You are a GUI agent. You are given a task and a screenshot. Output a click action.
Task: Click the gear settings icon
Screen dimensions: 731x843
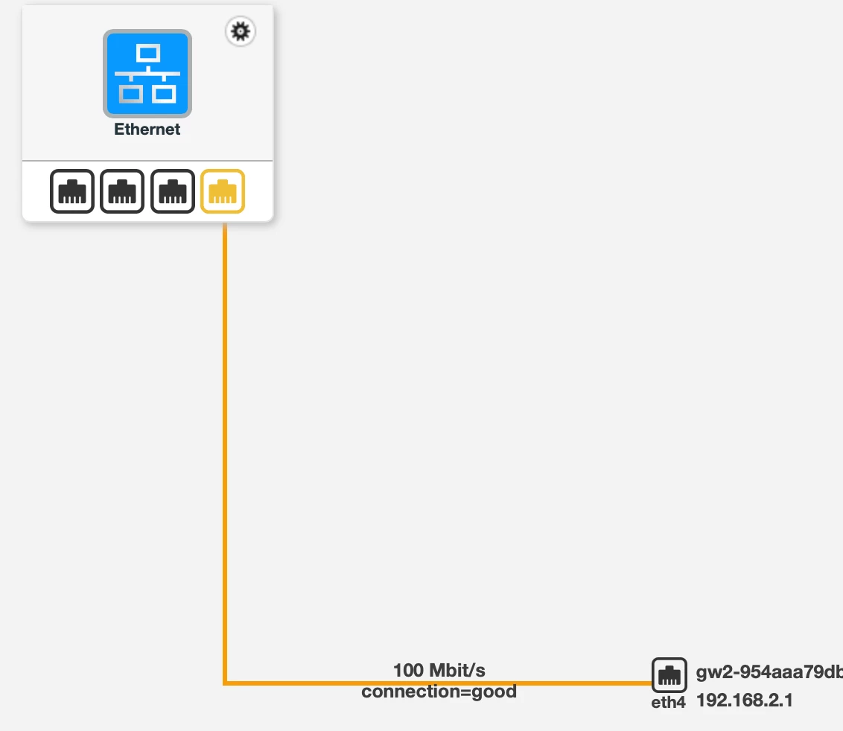(x=240, y=31)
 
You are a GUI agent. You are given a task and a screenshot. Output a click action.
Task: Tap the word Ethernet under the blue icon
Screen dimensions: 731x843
(x=147, y=130)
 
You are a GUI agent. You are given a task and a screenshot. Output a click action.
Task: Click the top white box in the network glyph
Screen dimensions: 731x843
(x=147, y=54)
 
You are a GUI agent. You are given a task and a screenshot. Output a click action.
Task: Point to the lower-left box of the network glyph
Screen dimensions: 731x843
(x=131, y=93)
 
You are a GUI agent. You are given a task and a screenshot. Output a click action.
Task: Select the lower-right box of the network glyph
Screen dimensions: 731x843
(x=164, y=93)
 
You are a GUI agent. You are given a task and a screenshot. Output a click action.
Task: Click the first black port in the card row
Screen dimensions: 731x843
(x=72, y=191)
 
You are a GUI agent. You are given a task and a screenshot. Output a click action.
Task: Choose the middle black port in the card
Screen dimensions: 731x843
(x=122, y=191)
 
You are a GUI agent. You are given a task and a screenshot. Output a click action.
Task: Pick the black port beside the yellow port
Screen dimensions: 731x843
(x=173, y=191)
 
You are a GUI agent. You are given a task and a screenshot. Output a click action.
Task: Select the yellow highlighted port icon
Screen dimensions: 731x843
(x=223, y=191)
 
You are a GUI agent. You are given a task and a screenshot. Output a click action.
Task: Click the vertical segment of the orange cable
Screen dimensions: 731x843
(x=224, y=447)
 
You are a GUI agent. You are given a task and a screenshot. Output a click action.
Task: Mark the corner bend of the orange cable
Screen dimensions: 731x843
(x=225, y=682)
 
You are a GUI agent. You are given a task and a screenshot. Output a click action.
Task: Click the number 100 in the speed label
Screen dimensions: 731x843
(x=408, y=670)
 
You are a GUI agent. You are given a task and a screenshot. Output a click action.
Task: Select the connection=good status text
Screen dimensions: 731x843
(x=439, y=692)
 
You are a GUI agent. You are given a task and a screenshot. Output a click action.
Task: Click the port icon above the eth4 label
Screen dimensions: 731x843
(x=669, y=675)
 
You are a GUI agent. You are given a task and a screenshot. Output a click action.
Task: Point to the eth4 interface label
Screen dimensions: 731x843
(x=668, y=701)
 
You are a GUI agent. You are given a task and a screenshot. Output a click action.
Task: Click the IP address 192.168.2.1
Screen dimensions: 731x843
(x=744, y=700)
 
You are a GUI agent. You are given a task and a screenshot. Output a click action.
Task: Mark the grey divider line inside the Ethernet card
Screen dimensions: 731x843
(x=147, y=160)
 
